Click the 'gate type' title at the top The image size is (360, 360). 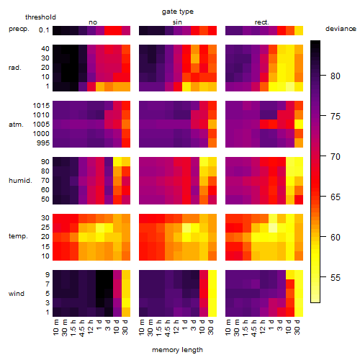point(178,12)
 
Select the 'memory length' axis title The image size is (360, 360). point(177,350)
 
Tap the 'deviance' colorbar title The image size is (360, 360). point(341,29)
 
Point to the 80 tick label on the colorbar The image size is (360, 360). point(336,76)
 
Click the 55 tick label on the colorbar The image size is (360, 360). point(336,278)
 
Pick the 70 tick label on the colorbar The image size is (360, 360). point(336,157)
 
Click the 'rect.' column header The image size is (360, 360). point(261,22)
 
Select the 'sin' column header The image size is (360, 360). point(177,22)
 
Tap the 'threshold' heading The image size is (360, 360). point(40,17)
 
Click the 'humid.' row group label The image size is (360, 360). point(20,181)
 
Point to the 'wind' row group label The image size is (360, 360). point(17,294)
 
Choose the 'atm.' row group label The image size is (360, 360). point(16,125)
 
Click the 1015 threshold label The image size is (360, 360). point(41,106)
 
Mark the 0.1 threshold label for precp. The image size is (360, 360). point(44,30)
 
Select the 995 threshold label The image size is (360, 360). point(43,143)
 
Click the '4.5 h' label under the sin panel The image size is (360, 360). point(168,328)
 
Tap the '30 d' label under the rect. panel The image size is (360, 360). point(297,327)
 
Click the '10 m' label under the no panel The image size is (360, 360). point(56,328)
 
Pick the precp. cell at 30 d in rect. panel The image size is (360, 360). point(299,30)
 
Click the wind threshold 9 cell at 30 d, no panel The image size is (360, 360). point(126,275)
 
